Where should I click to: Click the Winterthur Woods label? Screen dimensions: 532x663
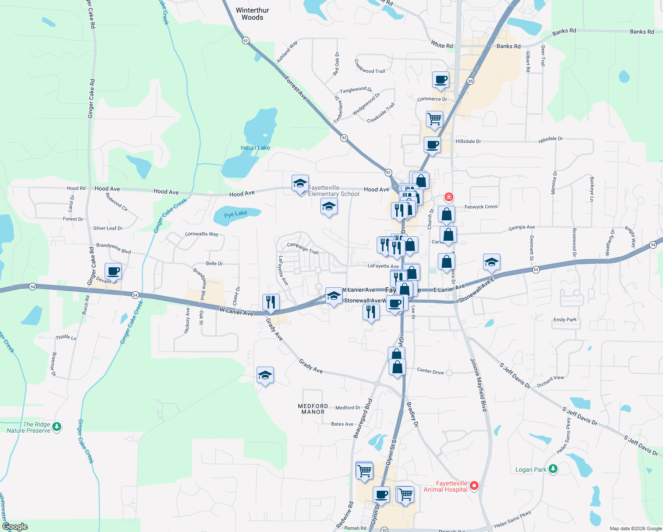[x=252, y=14]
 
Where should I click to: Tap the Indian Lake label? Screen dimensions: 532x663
[x=255, y=148]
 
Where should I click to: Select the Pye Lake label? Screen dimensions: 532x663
[x=235, y=214]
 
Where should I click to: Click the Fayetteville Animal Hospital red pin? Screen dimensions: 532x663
[x=474, y=485]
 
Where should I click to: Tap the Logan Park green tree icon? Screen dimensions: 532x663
[x=553, y=469]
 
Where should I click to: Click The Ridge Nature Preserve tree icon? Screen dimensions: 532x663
[x=56, y=426]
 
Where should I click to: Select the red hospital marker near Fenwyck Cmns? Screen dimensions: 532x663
[x=449, y=197]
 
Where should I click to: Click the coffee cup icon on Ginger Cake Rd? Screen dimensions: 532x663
[x=113, y=270]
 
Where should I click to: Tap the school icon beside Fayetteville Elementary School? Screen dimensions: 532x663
[x=300, y=183]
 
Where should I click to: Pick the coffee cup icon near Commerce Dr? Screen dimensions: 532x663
[x=441, y=80]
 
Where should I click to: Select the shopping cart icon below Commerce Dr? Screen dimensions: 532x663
[x=434, y=118]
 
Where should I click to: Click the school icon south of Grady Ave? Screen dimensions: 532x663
[x=265, y=375]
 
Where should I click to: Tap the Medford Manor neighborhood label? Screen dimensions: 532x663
[x=313, y=409]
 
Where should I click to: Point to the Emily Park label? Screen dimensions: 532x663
[x=565, y=320]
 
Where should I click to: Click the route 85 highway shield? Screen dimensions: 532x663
[x=470, y=81]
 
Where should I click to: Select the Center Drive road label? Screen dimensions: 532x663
[x=430, y=371]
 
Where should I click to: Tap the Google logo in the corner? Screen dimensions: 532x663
[x=15, y=527]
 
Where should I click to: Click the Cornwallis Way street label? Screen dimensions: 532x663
[x=201, y=234]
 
